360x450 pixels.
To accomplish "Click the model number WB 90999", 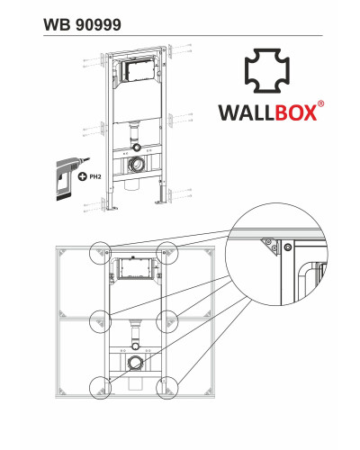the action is pos(82,24).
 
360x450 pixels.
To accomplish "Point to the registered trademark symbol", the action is pos(320,104).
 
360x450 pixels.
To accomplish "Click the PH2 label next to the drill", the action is pos(95,176).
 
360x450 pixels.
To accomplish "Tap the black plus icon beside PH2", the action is pos(82,176).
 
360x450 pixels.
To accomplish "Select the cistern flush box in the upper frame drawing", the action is pos(139,71).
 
